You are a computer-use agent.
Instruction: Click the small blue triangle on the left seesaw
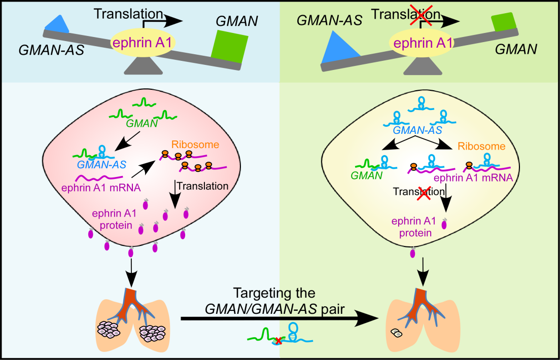(57, 23)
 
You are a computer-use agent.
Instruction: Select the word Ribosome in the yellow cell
(481, 147)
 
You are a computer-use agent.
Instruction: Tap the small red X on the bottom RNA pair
(278, 341)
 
